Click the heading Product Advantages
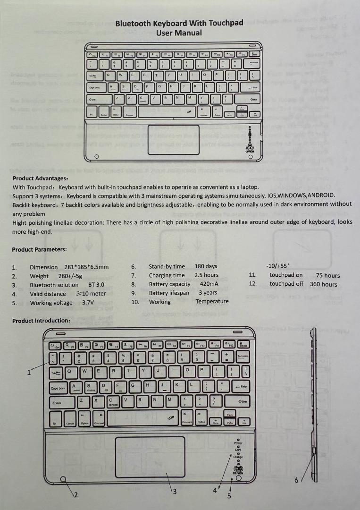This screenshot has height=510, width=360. (x=41, y=178)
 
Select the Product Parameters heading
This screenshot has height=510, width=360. (x=40, y=249)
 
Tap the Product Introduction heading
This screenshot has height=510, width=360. (x=42, y=321)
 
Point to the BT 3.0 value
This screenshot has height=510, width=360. (x=96, y=285)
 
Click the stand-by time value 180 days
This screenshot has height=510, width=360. (x=206, y=266)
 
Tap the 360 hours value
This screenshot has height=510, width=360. (x=323, y=284)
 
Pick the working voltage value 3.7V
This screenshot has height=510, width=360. (x=87, y=303)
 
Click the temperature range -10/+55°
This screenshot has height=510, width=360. (x=278, y=266)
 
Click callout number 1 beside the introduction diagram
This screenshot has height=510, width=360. (x=29, y=372)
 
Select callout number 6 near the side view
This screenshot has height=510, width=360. (x=296, y=480)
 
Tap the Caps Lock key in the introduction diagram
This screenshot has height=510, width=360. (x=58, y=388)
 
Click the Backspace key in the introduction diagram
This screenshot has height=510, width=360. (x=243, y=357)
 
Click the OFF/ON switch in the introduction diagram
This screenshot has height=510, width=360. (x=238, y=468)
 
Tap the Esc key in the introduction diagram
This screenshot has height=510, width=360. (x=55, y=346)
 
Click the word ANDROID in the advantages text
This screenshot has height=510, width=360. (x=321, y=195)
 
